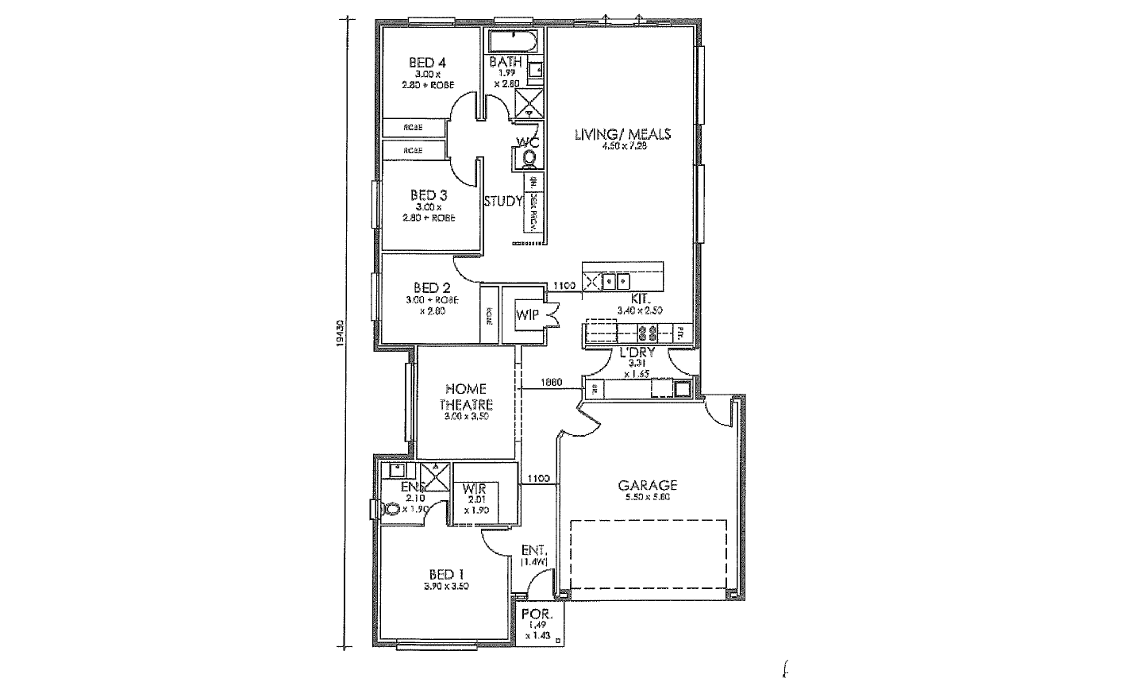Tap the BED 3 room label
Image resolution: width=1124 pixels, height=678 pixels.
point(428,195)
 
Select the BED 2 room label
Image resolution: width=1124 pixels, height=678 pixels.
point(432,288)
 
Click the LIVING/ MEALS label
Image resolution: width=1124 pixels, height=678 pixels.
point(622,134)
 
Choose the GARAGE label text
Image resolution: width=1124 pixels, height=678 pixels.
point(647,485)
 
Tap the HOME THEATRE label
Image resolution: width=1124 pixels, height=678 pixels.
point(466,396)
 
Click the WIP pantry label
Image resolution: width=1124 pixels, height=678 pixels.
point(527,315)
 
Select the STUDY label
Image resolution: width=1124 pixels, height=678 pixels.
point(502,201)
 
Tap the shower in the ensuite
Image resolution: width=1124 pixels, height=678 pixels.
point(434,473)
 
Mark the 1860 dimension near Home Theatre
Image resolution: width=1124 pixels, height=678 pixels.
point(551,383)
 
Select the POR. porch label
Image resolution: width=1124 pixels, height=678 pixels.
point(532,614)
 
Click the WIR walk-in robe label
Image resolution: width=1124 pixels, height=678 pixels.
point(474,488)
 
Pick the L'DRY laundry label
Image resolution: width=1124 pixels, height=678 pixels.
point(637,353)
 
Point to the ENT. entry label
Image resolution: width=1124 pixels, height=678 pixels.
point(531,550)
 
